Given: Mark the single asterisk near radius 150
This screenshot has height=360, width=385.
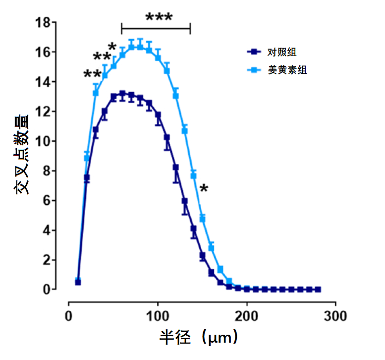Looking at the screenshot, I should point(204,189).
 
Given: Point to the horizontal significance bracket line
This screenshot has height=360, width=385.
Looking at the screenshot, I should point(156,29).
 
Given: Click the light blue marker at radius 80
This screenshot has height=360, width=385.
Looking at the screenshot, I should point(140,47).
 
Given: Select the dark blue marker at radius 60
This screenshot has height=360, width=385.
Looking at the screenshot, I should point(122,94).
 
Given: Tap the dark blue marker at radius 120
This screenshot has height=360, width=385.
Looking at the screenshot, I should point(176,168).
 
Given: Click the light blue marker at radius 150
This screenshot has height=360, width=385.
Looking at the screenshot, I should point(202,219).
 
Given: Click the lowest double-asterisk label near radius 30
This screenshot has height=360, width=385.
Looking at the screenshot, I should point(92,75).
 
